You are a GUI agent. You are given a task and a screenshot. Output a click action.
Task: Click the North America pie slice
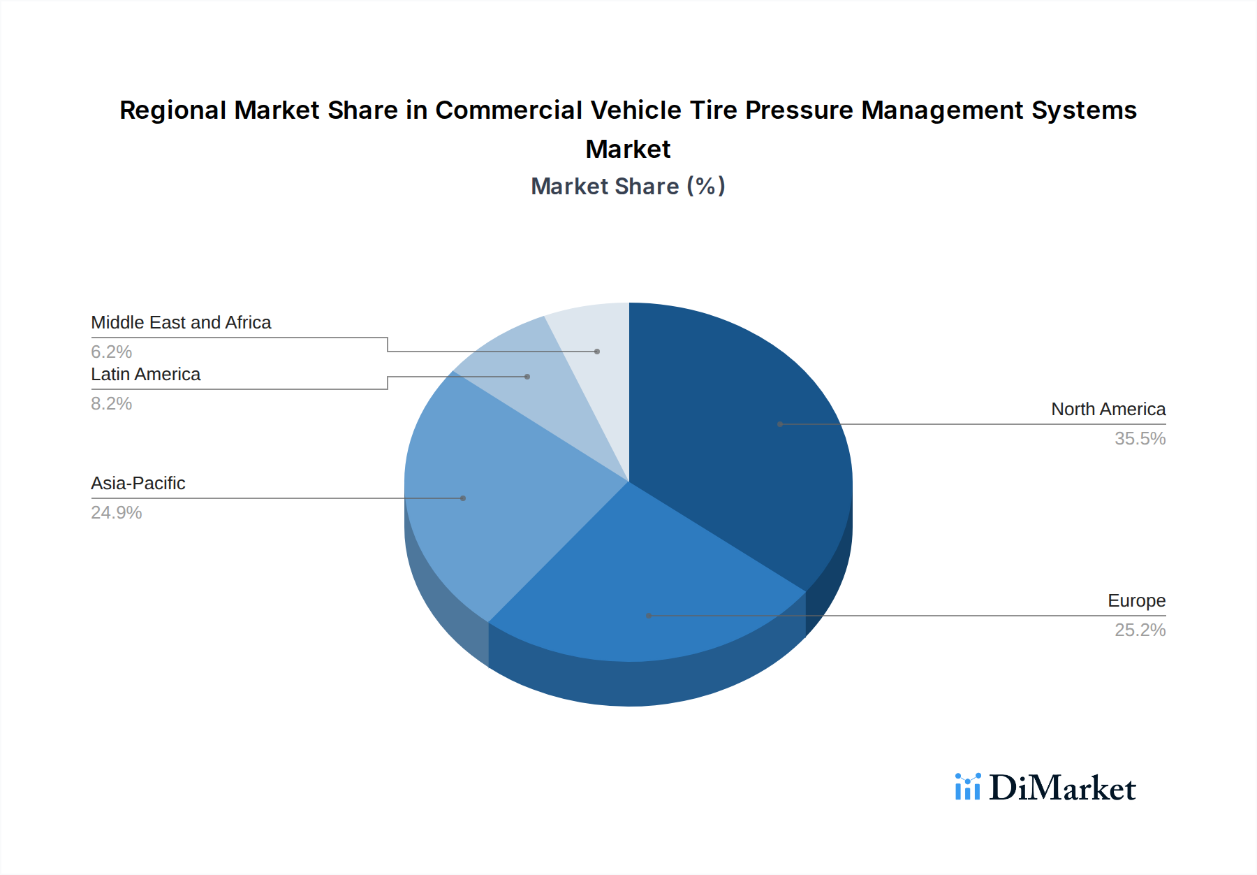pyautogui.click(x=740, y=433)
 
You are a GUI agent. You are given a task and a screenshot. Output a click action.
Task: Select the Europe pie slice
pyautogui.click(x=642, y=587)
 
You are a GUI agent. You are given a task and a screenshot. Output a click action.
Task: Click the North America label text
pyautogui.click(x=1108, y=410)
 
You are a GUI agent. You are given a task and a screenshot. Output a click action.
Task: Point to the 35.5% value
pyautogui.click(x=1140, y=439)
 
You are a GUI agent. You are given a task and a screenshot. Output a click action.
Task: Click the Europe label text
pyautogui.click(x=1136, y=601)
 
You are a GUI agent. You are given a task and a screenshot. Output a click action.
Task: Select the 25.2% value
pyautogui.click(x=1140, y=630)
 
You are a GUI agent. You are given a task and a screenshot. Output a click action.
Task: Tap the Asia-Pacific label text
pyautogui.click(x=138, y=484)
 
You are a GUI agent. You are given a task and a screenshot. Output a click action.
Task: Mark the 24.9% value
pyautogui.click(x=117, y=513)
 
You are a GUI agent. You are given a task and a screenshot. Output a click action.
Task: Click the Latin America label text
pyautogui.click(x=146, y=375)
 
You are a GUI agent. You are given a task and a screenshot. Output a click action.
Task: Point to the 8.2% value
pyautogui.click(x=112, y=404)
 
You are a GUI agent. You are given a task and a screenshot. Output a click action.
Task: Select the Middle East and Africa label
pyautogui.click(x=181, y=323)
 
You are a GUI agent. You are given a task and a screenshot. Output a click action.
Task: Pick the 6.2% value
pyautogui.click(x=112, y=352)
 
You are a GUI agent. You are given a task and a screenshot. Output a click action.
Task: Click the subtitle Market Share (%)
pyautogui.click(x=628, y=187)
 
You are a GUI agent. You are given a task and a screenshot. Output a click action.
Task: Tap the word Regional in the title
pyautogui.click(x=172, y=110)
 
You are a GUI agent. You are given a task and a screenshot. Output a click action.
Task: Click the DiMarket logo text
pyautogui.click(x=1062, y=788)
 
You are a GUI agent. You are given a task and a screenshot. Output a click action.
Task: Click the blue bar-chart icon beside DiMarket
pyautogui.click(x=967, y=787)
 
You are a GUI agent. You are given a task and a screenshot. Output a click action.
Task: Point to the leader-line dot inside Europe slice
pyautogui.click(x=649, y=616)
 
